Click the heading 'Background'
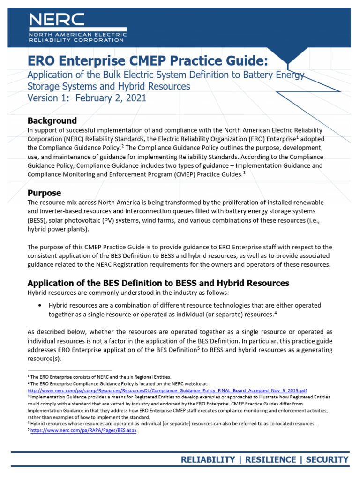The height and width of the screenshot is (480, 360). pyautogui.click(x=52, y=120)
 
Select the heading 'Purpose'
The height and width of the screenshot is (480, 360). pyautogui.click(x=44, y=193)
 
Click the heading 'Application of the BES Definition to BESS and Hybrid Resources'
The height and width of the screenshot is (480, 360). pyautogui.click(x=158, y=283)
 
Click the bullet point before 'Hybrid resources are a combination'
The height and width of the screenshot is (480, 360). pyautogui.click(x=39, y=305)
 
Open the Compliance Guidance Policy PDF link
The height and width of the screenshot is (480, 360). pyautogui.click(x=167, y=390)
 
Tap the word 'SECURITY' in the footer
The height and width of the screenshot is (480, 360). pyautogui.click(x=327, y=459)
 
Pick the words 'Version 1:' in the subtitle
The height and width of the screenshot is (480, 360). pyautogui.click(x=47, y=98)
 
